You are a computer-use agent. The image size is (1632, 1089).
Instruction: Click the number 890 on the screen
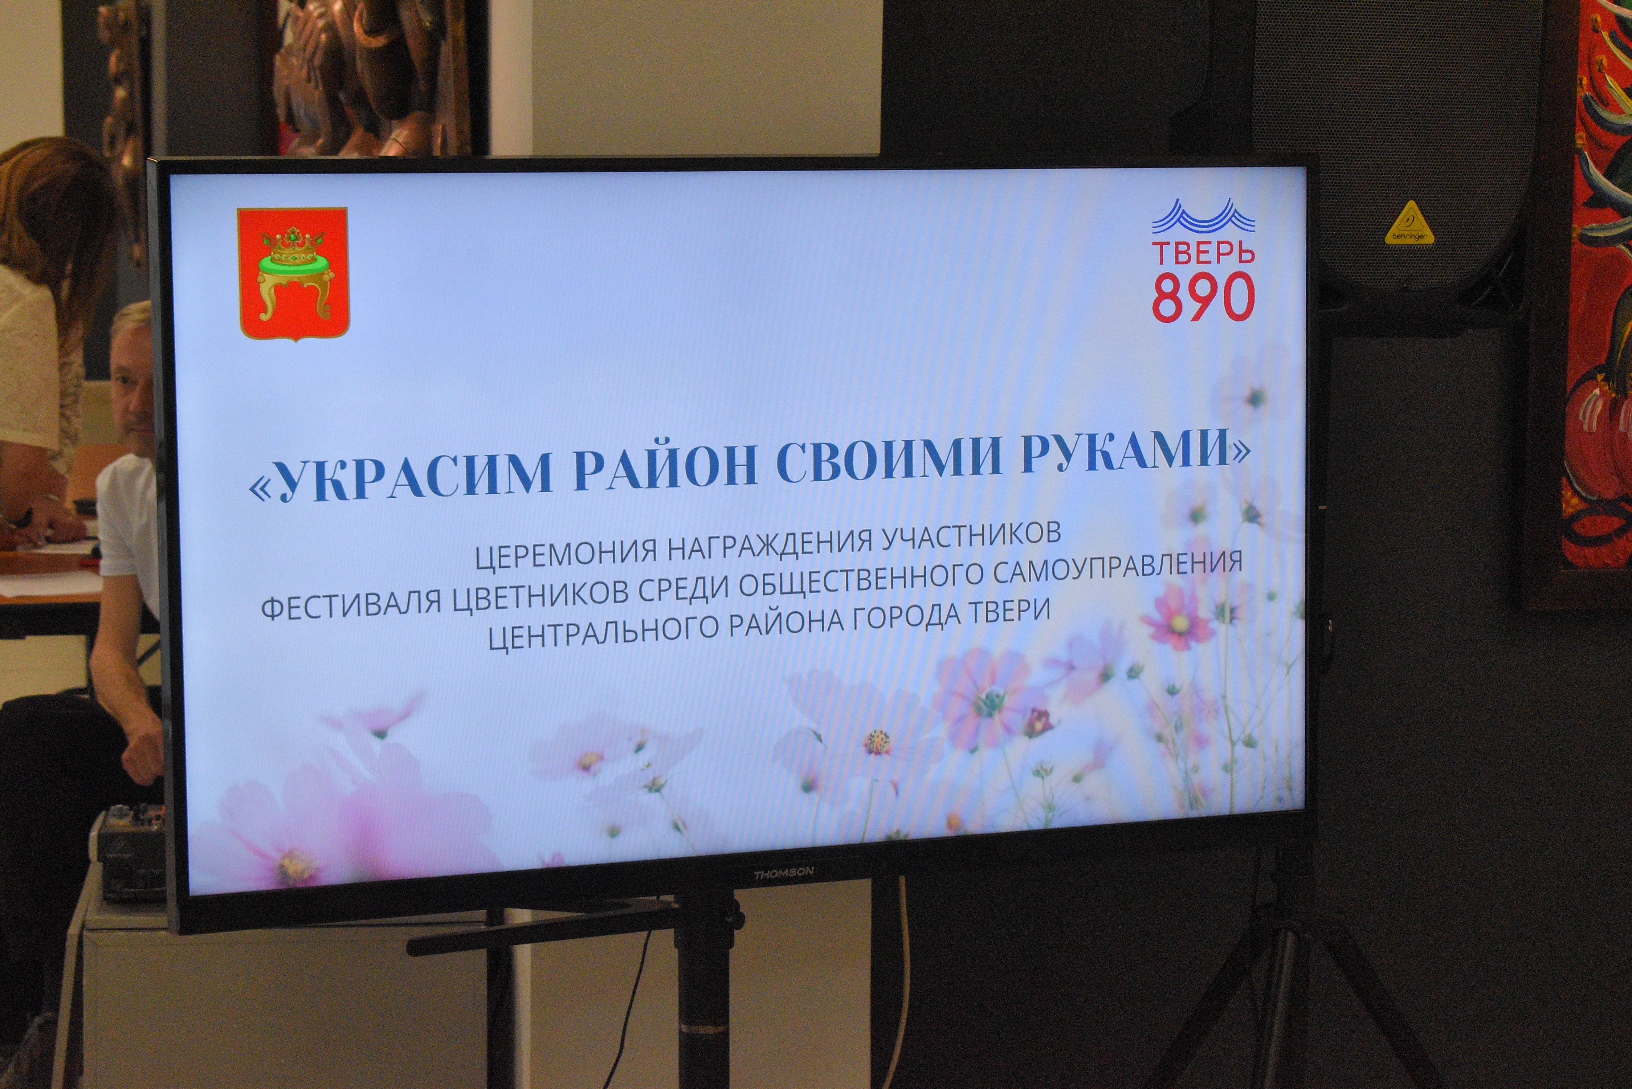1204,297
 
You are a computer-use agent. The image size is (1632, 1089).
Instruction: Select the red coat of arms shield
293,274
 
